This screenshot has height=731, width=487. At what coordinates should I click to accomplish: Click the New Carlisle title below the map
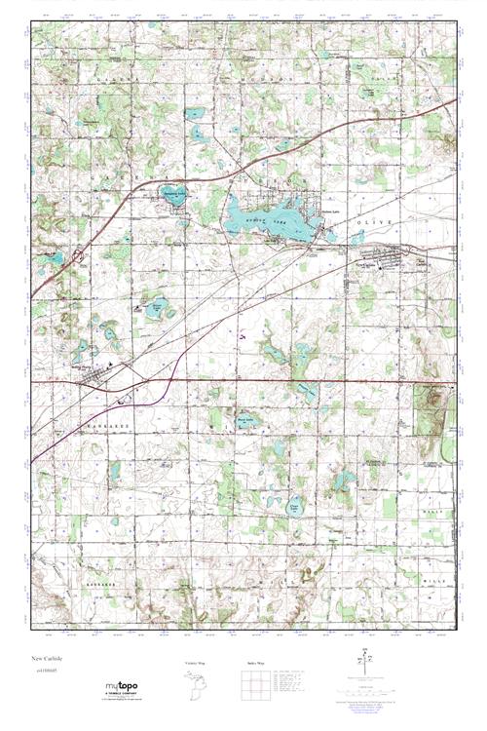[x=44, y=658]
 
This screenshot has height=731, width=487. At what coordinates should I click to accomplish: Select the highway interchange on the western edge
[x=81, y=259]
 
